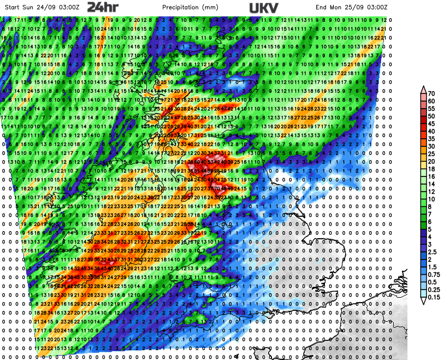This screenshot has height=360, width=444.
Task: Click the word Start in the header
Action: pos(12,7)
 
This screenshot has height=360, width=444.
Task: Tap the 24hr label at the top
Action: pos(102,7)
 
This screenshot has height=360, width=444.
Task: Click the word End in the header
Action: pos(322,7)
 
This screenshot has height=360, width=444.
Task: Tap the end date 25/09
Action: pos(356,7)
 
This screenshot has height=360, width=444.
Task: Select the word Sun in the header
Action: pos(29,7)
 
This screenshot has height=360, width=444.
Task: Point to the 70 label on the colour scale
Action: pos(431,93)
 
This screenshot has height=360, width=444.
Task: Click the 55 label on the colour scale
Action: pos(431,109)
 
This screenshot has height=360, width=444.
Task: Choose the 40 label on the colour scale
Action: pos(431,132)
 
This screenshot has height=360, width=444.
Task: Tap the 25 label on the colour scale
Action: pos(431,154)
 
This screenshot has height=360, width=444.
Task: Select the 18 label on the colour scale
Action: pos(431,169)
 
